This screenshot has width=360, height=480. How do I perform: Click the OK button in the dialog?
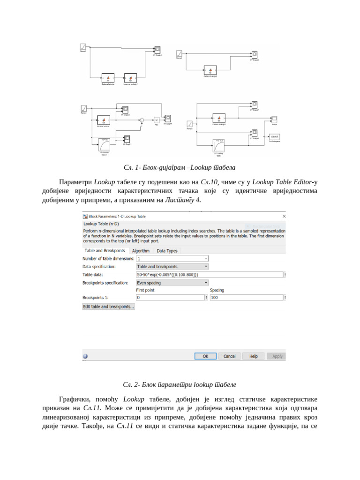point(205,356)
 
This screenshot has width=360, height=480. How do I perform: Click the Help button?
point(254,356)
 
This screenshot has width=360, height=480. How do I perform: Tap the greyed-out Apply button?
point(277,356)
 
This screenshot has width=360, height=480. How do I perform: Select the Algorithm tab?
point(141,251)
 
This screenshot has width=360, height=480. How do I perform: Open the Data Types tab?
point(167,251)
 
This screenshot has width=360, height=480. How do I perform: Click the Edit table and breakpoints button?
point(109,307)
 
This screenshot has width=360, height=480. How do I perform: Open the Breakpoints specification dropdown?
point(172,283)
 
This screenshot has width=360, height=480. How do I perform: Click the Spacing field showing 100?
point(247,298)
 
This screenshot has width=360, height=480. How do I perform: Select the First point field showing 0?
point(170,298)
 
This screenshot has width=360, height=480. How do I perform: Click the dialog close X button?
point(284,216)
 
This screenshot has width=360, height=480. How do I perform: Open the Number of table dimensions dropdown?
point(172,258)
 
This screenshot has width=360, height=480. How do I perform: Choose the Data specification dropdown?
point(172,266)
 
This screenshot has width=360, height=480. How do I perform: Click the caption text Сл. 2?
point(180,384)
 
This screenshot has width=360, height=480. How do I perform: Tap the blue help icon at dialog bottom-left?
point(85,356)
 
